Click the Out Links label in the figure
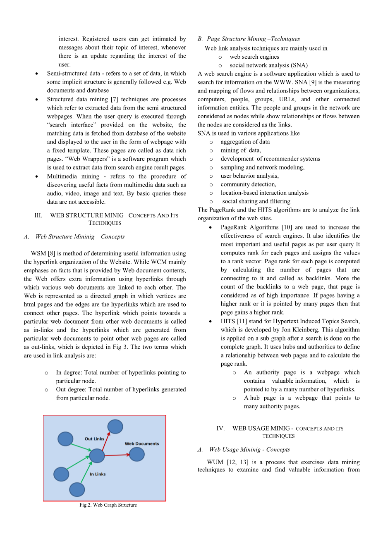94,439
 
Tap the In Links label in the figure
98,474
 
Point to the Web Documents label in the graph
142,443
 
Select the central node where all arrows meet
97,456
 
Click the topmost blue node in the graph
115,427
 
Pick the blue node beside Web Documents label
136,454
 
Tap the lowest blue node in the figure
77,489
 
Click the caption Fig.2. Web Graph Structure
108,505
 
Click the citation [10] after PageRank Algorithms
286,227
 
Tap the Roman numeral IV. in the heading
220,428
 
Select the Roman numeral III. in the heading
38,215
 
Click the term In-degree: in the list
69,372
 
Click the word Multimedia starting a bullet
61,176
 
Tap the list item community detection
248,184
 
